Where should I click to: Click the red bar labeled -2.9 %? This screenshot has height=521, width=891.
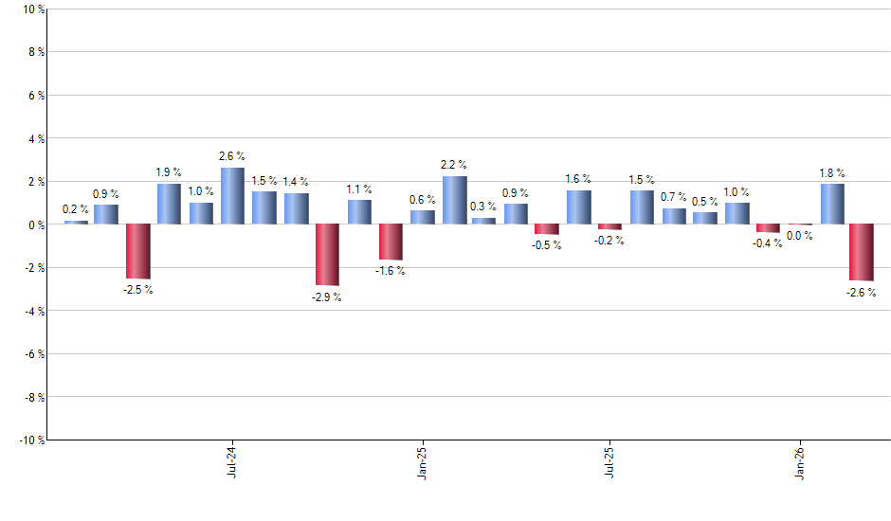point(327,255)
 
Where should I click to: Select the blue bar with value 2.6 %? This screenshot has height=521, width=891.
point(232,196)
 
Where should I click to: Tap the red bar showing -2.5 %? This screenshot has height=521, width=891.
point(137,251)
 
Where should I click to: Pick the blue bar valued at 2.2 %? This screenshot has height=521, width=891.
point(454,200)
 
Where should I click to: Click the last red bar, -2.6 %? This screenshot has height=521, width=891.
point(861,252)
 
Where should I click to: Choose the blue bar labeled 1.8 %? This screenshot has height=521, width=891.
point(832,204)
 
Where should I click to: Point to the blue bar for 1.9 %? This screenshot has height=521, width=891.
point(169,204)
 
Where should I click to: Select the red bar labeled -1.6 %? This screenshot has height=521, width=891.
point(391,242)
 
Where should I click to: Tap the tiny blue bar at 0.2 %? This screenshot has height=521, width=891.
point(76,222)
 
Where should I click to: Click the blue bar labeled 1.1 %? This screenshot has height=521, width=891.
point(359,212)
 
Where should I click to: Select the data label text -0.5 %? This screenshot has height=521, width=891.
point(547,245)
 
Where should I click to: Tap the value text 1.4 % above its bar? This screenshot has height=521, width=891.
point(296,182)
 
